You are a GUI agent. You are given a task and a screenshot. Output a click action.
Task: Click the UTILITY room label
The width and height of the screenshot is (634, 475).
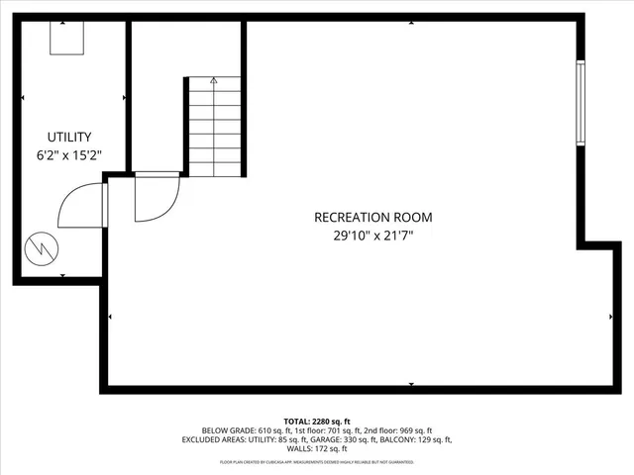pos(69,137)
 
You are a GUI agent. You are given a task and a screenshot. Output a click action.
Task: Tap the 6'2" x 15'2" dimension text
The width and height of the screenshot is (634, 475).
pos(69,155)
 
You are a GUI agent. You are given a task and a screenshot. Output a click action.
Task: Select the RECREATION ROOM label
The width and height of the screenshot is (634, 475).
pos(372,217)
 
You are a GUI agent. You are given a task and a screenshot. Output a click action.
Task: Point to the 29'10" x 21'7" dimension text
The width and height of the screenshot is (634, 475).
pos(372,236)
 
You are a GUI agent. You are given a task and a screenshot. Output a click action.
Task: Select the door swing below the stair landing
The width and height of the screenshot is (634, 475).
pos(156,197)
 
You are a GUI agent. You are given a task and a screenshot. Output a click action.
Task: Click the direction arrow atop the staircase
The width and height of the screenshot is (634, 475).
pos(214,81)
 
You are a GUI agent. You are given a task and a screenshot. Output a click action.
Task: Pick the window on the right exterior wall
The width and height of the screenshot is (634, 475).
pos(581,103)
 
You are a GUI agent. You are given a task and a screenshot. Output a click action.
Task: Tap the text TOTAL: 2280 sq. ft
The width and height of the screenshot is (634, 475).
pos(317,421)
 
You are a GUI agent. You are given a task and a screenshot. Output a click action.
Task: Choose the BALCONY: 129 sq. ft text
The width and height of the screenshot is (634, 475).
pos(419,439)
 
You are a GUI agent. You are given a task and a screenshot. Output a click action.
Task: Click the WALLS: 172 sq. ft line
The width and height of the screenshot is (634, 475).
pos(317,448)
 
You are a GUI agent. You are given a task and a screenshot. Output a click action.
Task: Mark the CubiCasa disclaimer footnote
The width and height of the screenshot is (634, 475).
pos(317,461)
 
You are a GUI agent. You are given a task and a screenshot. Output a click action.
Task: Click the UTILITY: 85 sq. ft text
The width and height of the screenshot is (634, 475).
pos(274,439)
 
